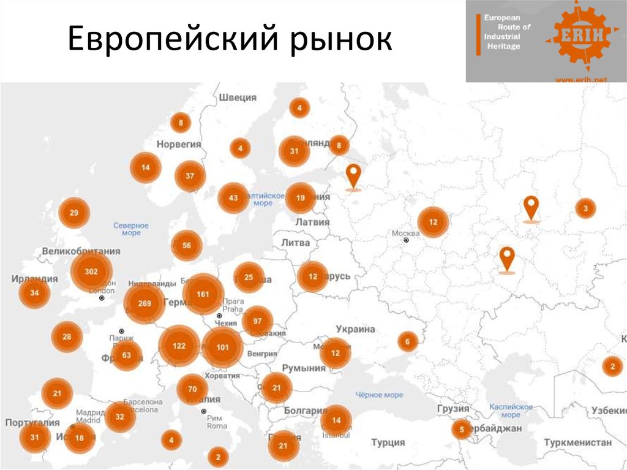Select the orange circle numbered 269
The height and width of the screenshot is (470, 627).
[x=145, y=303]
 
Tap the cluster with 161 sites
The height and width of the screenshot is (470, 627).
[x=203, y=294]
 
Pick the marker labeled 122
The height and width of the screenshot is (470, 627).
[x=179, y=346]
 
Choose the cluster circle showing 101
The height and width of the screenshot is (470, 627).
[x=222, y=347]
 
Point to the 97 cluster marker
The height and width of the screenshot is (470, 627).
[x=257, y=321]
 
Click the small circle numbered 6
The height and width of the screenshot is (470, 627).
[x=407, y=341]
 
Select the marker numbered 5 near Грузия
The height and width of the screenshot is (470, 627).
[x=461, y=429]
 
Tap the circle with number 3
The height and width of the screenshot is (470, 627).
[x=585, y=208]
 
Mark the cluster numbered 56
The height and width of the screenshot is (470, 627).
[x=187, y=245]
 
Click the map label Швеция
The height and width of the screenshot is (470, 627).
[x=238, y=97]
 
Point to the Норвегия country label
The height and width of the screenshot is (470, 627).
[x=179, y=144]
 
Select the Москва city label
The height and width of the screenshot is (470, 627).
[x=405, y=233]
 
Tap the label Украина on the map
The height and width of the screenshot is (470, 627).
[x=355, y=329]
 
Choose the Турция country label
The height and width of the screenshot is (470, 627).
[x=388, y=442]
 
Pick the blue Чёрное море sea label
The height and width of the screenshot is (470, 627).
[x=380, y=395]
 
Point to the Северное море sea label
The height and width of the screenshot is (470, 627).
[x=131, y=229]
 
